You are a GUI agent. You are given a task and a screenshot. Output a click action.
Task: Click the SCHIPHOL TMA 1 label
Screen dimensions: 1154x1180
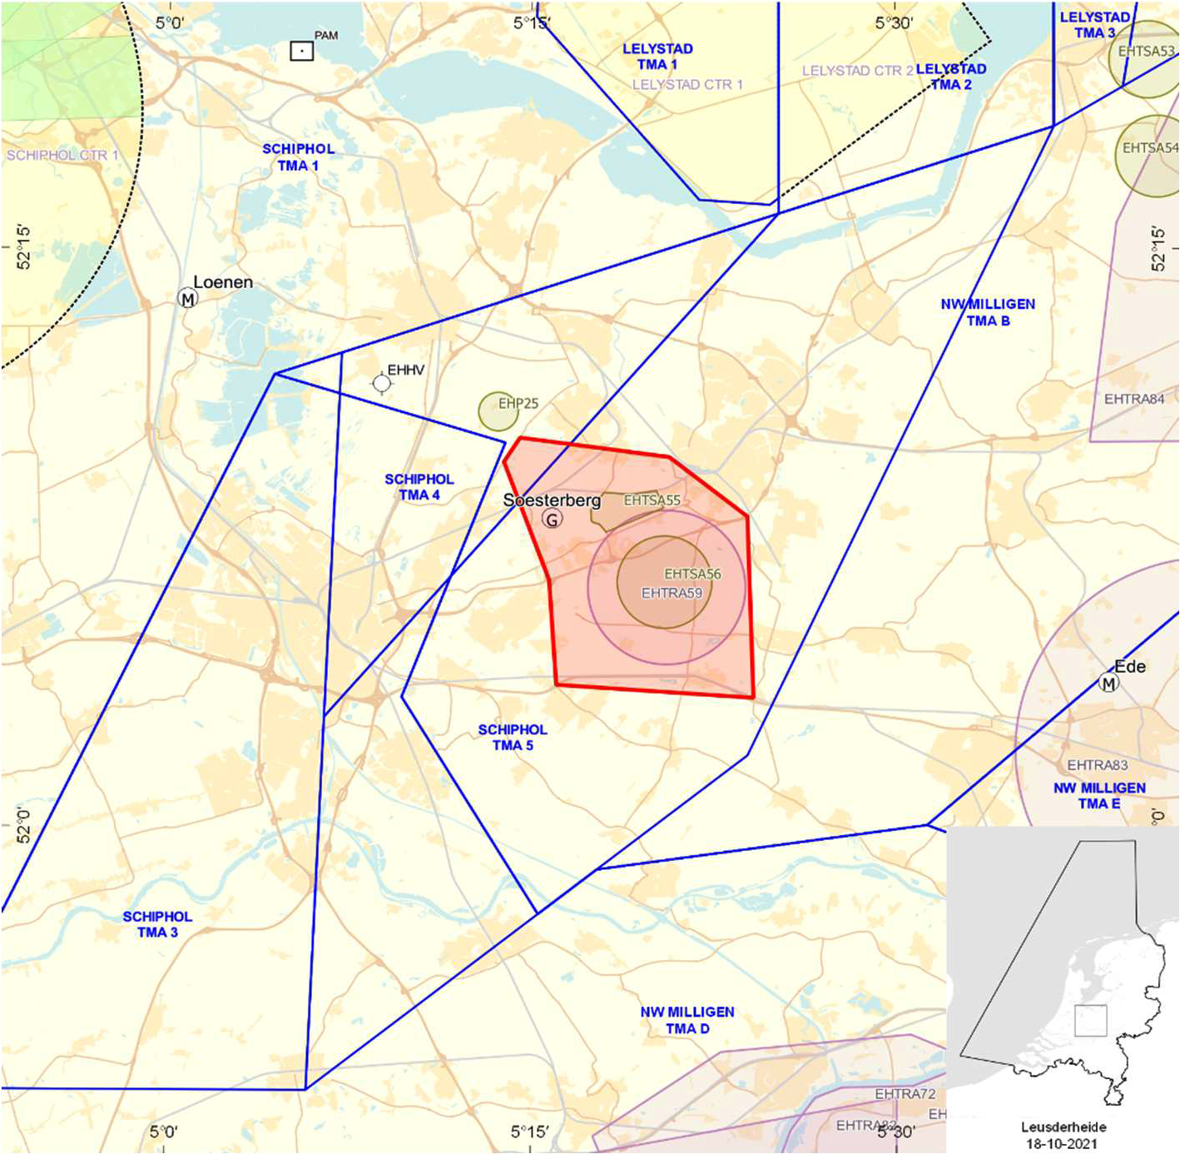coord(298,157)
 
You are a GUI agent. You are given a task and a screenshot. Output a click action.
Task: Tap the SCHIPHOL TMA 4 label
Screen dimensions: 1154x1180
coord(419,487)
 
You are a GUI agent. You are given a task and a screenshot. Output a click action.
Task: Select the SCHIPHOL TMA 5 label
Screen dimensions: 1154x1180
coord(513,737)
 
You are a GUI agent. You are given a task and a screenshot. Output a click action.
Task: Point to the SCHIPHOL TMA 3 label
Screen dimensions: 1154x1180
coord(157,924)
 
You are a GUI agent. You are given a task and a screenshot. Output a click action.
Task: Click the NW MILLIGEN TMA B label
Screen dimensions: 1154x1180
coord(988,312)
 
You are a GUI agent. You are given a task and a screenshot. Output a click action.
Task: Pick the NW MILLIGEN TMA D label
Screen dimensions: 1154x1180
coord(687,1020)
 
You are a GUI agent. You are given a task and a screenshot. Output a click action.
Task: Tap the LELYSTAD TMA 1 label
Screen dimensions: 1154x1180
coord(657,57)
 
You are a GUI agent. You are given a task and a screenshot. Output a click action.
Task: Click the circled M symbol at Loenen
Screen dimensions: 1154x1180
coord(188,298)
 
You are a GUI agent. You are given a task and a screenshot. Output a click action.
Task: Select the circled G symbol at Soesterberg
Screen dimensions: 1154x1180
coord(552,520)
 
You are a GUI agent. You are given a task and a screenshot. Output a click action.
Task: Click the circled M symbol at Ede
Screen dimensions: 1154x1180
coord(1108,684)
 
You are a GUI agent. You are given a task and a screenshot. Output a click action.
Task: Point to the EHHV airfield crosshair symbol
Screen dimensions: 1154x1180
coord(382,383)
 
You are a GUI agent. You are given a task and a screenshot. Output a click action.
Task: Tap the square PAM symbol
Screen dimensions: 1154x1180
coord(301,51)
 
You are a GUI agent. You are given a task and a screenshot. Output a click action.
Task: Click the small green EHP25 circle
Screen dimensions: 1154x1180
coord(498,411)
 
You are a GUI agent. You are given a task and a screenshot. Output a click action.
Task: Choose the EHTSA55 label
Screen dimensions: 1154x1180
coord(652,500)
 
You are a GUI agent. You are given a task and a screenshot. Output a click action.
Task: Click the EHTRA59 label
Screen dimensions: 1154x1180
coord(672,593)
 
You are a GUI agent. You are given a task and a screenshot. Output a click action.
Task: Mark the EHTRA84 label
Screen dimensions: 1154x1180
coord(1134,400)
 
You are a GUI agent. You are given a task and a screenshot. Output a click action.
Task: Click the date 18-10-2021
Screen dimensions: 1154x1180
coord(1062,1143)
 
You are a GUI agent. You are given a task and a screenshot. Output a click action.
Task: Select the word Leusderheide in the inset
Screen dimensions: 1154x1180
coord(1063,1127)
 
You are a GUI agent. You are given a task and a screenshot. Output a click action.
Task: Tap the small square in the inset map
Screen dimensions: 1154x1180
coord(1090,1021)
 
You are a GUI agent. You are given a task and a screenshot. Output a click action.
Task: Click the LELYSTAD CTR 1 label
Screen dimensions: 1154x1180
coord(687,85)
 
